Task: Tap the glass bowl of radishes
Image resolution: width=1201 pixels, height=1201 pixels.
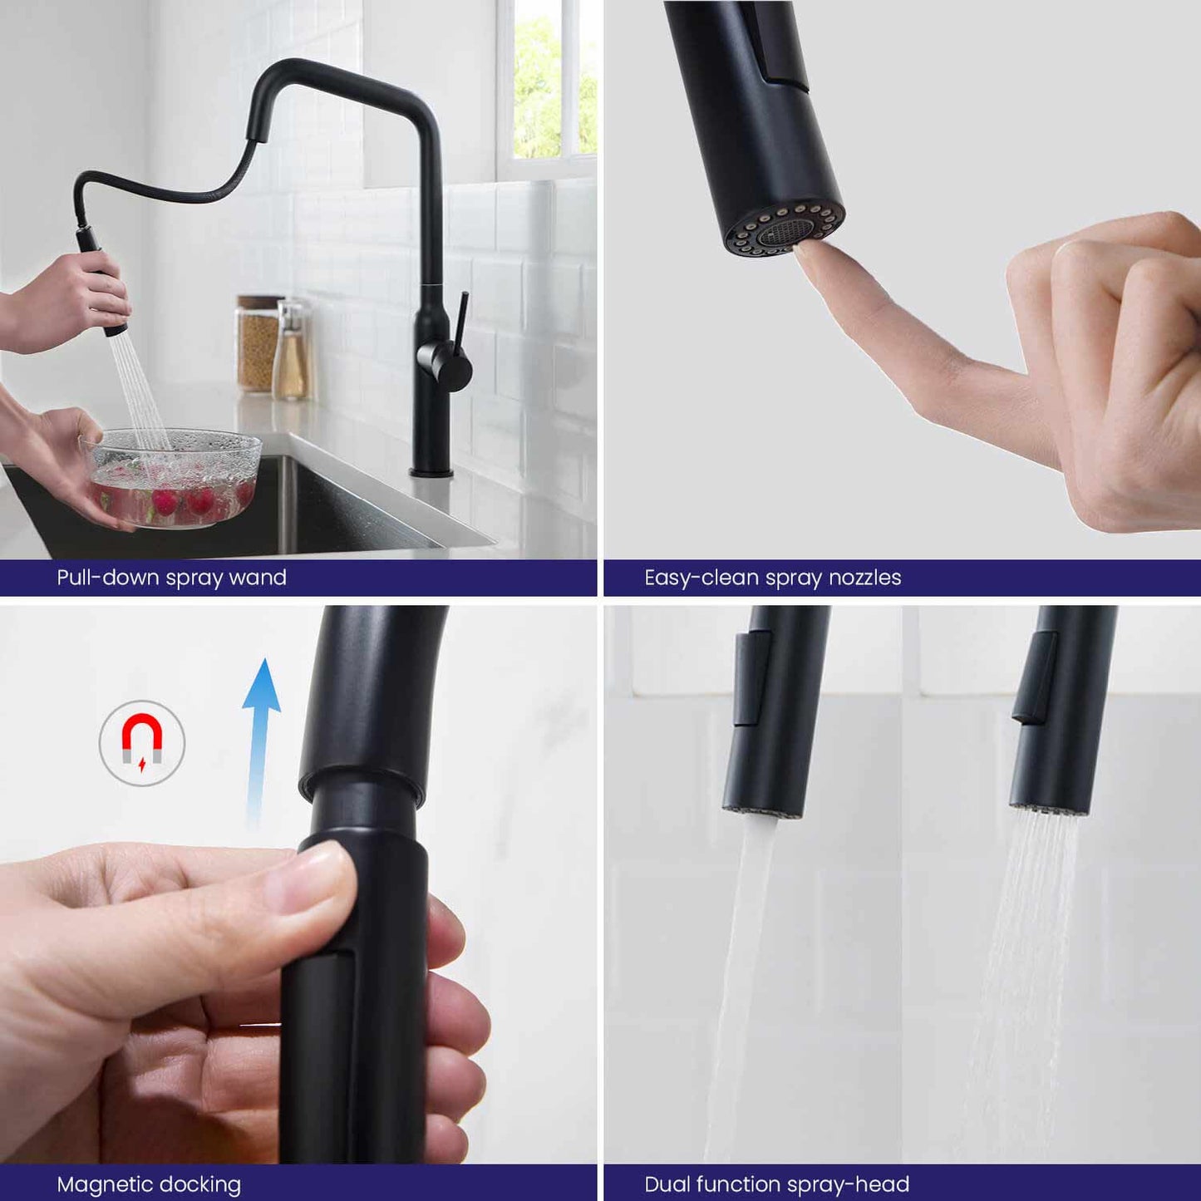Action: click(x=171, y=478)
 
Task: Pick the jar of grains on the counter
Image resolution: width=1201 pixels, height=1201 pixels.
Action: click(x=257, y=344)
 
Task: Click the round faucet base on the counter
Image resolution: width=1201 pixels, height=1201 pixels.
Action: click(x=431, y=472)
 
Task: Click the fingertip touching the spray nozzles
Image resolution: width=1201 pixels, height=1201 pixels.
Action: click(x=807, y=255)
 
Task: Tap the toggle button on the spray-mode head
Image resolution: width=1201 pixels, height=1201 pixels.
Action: click(x=1036, y=677)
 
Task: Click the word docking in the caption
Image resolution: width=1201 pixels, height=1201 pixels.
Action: click(x=201, y=1184)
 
